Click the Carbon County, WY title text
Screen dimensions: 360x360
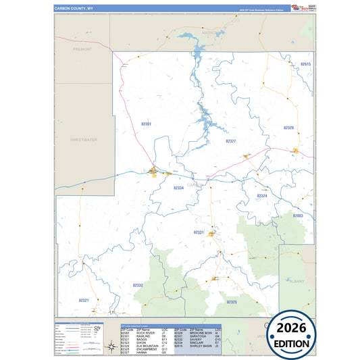point(74,9)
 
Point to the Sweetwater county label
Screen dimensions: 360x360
point(84,139)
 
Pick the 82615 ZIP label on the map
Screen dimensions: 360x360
point(305,63)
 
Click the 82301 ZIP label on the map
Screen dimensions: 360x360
point(147,124)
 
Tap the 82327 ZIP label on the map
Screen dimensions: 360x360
point(230,140)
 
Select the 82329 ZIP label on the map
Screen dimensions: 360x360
point(288,127)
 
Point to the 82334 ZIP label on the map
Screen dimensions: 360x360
point(178,188)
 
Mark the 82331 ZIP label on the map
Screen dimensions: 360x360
point(199,232)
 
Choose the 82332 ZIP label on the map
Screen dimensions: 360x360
point(138,285)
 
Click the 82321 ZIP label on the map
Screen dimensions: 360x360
point(84,299)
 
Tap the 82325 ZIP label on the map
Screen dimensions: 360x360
point(232,301)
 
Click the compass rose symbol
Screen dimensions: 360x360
point(111,347)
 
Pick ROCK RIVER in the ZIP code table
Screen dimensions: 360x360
point(145,332)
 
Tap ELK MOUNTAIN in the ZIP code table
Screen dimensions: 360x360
point(148,346)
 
